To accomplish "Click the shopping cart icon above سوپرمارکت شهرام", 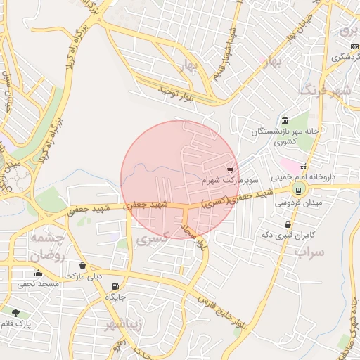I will (230, 169).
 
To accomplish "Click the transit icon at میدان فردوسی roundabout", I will (299, 190).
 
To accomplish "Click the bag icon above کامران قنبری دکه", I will (288, 224).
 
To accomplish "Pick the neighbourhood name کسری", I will (153, 240).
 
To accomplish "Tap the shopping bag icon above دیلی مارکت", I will (84, 266).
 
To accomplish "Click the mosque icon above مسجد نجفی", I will (37, 273).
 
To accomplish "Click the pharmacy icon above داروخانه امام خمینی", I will (303, 167).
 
